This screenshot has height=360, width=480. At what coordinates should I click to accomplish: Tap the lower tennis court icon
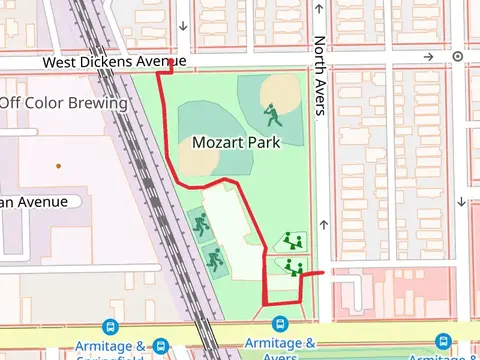tap(213, 259)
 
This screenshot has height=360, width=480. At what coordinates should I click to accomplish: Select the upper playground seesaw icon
tap(292, 240)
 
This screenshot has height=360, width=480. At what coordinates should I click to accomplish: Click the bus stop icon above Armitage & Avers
tap(280, 325)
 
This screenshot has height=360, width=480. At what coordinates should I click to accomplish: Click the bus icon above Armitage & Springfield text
tap(109, 326)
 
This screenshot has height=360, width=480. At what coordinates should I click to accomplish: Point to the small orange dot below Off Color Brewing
tap(58, 165)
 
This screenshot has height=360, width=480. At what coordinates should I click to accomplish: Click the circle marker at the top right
tap(457, 57)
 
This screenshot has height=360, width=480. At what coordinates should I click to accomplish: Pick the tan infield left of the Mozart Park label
tap(195, 153)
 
